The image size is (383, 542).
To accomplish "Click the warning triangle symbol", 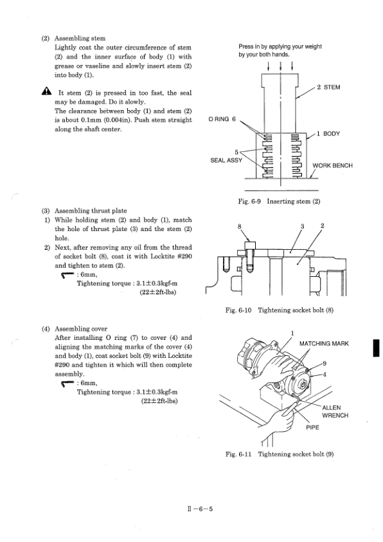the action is [46, 91].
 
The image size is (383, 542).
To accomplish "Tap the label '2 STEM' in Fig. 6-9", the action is [328, 88].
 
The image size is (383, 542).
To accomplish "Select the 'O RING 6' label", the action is [222, 119].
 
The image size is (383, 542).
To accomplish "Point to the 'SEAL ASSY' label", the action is [226, 160].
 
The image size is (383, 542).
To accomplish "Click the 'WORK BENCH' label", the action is [333, 165].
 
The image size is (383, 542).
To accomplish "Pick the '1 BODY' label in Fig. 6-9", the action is [328, 134].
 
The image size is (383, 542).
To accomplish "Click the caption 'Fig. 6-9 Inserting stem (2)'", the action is [279, 201].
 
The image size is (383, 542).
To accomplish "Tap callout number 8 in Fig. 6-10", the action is [240, 227].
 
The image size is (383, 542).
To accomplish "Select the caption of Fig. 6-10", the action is [280, 310].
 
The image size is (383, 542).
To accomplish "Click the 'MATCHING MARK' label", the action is [324, 344].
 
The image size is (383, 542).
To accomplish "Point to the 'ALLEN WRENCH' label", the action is [335, 412].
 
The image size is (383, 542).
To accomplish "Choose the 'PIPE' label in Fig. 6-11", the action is [312, 427].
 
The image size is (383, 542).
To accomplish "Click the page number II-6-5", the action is [200, 509].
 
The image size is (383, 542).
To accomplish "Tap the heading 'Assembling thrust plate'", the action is [91, 211].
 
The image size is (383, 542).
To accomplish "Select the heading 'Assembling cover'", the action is [81, 329].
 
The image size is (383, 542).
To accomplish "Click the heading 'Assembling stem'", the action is [80, 39].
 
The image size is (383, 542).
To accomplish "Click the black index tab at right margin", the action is [376, 348].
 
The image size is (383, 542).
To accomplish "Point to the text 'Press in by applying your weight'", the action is [280, 46].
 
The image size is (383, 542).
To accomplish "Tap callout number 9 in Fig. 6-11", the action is [325, 363].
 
